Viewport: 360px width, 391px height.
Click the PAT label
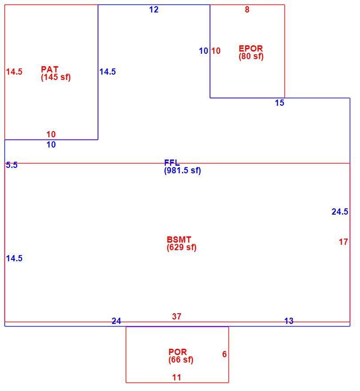[x=50, y=69]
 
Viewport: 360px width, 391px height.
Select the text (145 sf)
[x=56, y=77]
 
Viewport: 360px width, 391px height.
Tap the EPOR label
[x=251, y=48]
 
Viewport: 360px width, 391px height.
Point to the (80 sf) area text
[x=251, y=56]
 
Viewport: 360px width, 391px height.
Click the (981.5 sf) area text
[x=182, y=171]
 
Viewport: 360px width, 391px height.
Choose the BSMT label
[x=179, y=239]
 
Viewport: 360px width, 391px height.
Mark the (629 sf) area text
[x=182, y=247]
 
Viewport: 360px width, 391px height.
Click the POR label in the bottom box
[x=178, y=352]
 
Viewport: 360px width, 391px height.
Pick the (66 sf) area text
[x=181, y=360]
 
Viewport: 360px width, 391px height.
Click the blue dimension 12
[x=154, y=10]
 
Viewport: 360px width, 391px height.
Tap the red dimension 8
[x=247, y=10]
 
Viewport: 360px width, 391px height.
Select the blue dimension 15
[x=280, y=103]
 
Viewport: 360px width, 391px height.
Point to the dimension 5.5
[x=12, y=165]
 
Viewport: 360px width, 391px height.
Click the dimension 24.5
[x=340, y=211]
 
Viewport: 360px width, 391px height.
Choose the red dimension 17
[x=344, y=242]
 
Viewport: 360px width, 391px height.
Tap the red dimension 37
[x=176, y=316]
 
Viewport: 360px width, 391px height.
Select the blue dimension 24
[x=116, y=321]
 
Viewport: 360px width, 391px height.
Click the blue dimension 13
[x=289, y=321]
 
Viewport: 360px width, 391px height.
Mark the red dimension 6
[x=224, y=354]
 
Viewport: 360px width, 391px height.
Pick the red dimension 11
[x=176, y=377]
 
